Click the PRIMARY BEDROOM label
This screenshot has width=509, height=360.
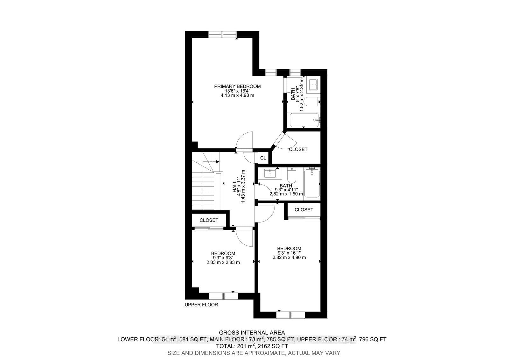(237, 86)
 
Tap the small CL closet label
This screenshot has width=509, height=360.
(263, 158)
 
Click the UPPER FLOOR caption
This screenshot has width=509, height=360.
(201, 305)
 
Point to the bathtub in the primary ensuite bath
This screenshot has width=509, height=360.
(304, 120)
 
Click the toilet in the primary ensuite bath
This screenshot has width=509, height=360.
(312, 102)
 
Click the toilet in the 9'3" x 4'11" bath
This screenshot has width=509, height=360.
(291, 175)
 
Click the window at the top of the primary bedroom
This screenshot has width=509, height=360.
(222, 34)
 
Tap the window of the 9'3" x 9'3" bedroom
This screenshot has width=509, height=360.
(223, 296)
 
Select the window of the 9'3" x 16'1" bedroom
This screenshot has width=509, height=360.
(290, 315)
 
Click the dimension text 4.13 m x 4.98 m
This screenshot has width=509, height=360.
(237, 95)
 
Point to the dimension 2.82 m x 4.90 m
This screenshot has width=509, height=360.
(289, 258)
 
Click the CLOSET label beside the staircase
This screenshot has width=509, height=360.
(209, 220)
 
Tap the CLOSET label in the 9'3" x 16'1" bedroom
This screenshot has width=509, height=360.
(304, 210)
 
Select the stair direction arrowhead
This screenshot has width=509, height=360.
(218, 162)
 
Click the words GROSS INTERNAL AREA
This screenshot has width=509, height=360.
(252, 333)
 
